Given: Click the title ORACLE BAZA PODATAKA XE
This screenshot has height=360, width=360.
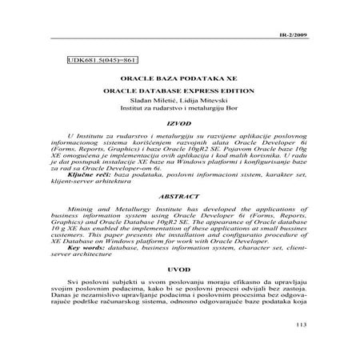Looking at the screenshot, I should pyautogui.click(x=180, y=82).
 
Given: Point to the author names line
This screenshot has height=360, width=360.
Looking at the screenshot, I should pyautogui.click(x=180, y=104).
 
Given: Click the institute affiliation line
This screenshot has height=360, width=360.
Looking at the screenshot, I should pyautogui.click(x=180, y=113).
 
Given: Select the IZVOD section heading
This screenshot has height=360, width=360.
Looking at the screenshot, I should pyautogui.click(x=180, y=126).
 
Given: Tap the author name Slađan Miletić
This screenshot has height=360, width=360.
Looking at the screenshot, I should pyautogui.click(x=156, y=104).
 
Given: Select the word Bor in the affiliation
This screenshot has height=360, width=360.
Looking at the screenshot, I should pyautogui.click(x=229, y=113).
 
